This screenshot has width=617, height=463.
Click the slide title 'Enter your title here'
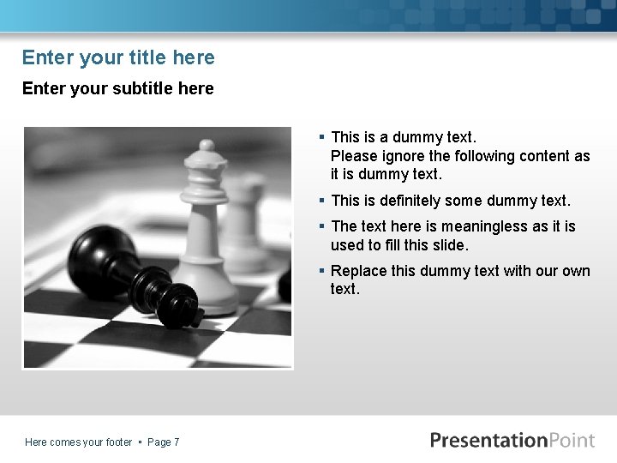pyautogui.click(x=118, y=57)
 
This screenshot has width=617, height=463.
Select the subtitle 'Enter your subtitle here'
pyautogui.click(x=117, y=88)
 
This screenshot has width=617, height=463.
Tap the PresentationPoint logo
pyautogui.click(x=512, y=441)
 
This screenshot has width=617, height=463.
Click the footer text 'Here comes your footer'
pyautogui.click(x=78, y=442)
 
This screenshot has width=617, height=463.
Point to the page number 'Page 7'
pyautogui.click(x=163, y=442)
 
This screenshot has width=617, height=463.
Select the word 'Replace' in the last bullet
pyautogui.click(x=358, y=271)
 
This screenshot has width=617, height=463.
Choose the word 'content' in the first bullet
pyautogui.click(x=546, y=156)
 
